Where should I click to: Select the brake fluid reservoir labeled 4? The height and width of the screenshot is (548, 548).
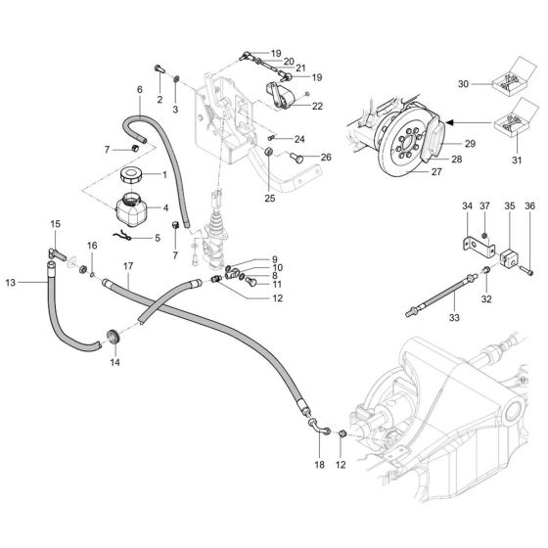pos(131,212)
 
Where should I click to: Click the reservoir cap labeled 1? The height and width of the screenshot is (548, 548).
pos(130,177)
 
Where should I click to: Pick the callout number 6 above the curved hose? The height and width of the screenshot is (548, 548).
pos(139,89)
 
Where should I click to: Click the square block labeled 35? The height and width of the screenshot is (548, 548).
pos(509,263)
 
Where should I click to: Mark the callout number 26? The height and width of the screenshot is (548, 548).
pos(327,158)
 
